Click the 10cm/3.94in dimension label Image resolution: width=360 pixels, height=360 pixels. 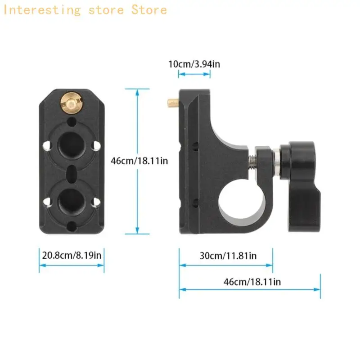[194, 64]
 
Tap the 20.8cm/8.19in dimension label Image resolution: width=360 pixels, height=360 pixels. [72, 255]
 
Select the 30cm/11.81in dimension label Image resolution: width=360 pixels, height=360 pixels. [228, 256]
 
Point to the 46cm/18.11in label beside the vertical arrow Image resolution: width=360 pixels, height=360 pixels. [139, 161]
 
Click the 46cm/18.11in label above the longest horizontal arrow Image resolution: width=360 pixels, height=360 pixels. [252, 282]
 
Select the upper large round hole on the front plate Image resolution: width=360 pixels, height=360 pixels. [72, 145]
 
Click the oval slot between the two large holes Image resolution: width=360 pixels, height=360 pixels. [72, 174]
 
